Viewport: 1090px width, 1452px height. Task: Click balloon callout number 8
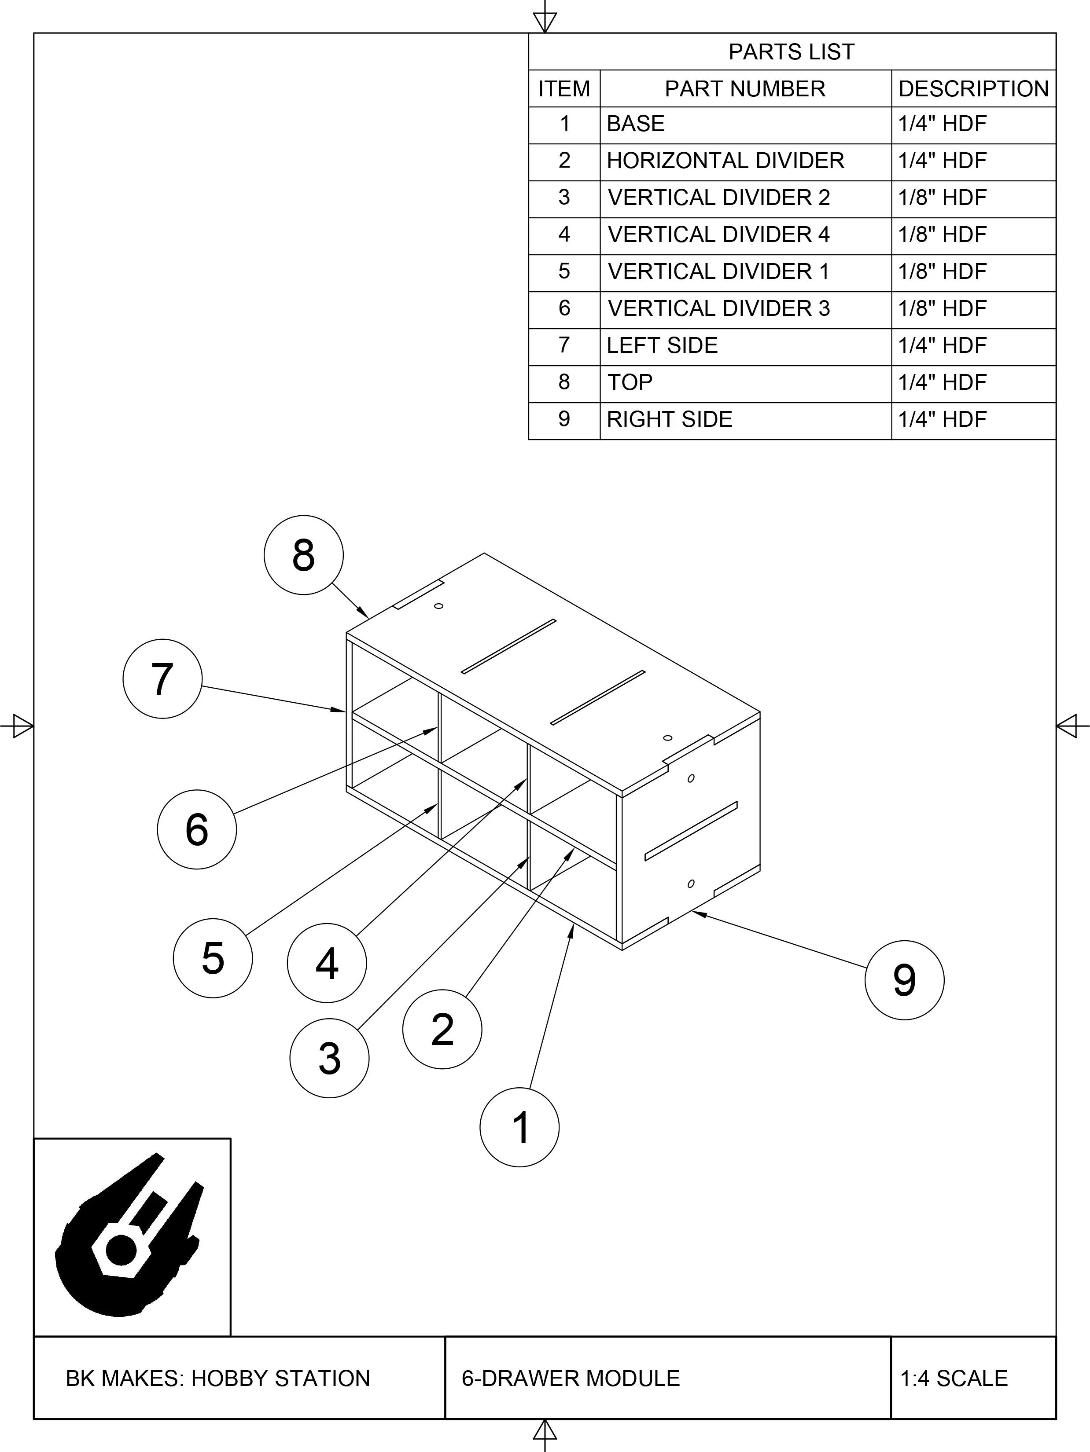[303, 555]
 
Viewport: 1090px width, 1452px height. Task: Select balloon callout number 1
[519, 1127]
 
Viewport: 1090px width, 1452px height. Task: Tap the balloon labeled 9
[904, 980]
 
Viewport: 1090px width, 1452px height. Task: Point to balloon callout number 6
[197, 829]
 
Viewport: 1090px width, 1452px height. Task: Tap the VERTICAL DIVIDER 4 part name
[718, 235]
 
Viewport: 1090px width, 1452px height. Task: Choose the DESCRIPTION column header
[973, 88]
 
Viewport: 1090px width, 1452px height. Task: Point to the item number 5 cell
[564, 271]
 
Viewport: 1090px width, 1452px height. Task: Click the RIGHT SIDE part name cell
[669, 419]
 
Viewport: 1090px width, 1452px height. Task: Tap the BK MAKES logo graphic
[131, 1237]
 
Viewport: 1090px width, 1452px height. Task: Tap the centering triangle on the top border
[545, 22]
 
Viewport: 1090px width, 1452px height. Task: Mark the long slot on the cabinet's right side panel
[691, 830]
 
